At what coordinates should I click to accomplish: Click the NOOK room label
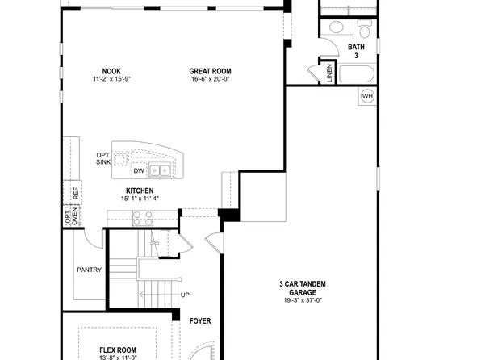tap(111, 70)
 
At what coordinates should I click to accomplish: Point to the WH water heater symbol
tap(367, 97)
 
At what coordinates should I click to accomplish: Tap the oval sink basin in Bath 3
tap(337, 27)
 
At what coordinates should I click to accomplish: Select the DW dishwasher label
tap(139, 171)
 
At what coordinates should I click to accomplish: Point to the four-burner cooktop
tap(142, 217)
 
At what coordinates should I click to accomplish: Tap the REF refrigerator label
tap(76, 194)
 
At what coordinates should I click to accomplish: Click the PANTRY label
tap(89, 270)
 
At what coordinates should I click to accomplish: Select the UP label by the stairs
tap(185, 295)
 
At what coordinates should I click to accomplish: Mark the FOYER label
tap(200, 321)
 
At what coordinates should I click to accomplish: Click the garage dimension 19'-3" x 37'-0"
tap(303, 299)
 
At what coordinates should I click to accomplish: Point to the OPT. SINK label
tap(102, 158)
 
